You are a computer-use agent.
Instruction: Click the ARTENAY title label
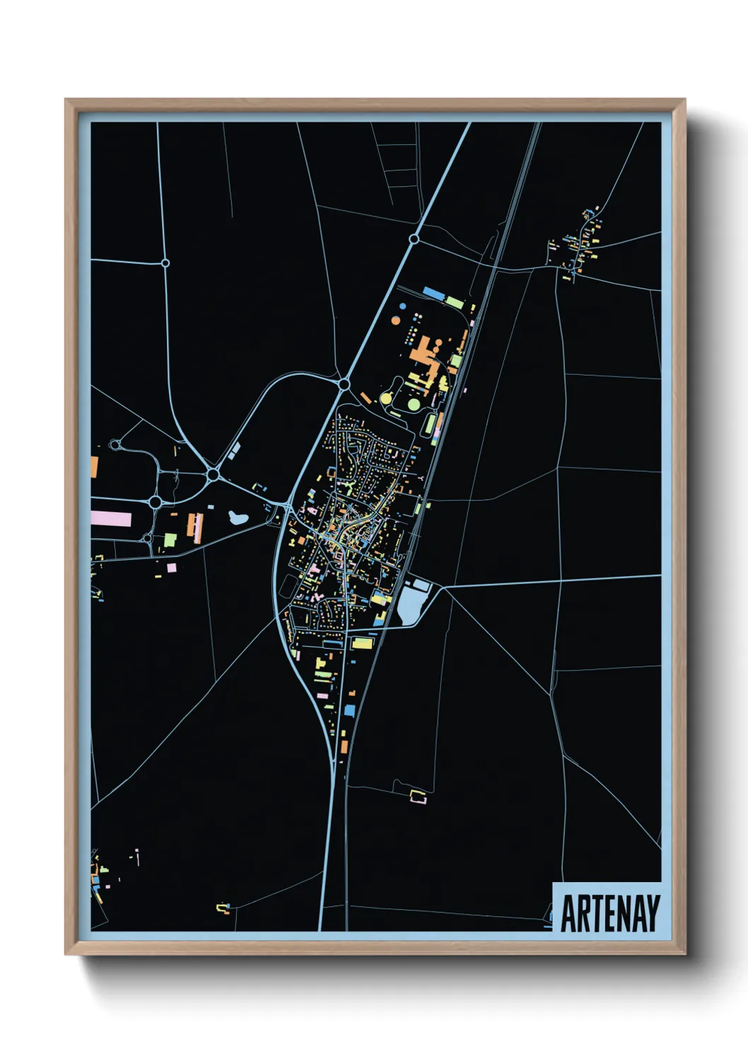tap(609, 913)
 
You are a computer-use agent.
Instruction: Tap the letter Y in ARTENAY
tap(653, 913)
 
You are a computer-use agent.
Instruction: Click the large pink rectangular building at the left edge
tap(111, 519)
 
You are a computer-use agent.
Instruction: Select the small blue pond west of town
tap(238, 517)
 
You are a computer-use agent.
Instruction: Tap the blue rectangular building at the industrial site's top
tap(432, 292)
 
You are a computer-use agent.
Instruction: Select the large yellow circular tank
tap(386, 398)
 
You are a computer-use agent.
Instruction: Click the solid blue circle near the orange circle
tap(403, 307)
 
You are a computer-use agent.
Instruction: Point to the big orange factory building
tap(422, 349)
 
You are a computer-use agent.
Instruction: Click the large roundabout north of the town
tap(344, 383)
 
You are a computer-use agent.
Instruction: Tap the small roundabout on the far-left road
tap(165, 262)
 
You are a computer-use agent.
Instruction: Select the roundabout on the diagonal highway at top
tap(414, 239)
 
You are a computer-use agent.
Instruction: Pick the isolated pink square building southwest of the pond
tap(172, 567)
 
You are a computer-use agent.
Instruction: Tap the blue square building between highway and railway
tap(349, 710)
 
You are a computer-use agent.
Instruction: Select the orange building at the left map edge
tap(94, 466)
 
